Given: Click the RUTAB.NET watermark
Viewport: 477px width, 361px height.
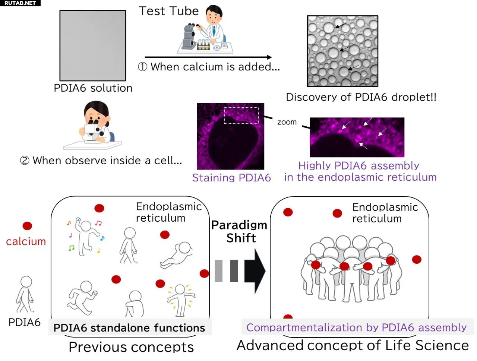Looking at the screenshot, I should click(x=20, y=3).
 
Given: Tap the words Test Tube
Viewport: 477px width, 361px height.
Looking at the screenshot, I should click(x=169, y=11).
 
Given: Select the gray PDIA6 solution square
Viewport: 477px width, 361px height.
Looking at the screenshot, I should click(x=93, y=45).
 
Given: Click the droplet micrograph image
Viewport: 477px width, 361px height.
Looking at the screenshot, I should click(x=342, y=51).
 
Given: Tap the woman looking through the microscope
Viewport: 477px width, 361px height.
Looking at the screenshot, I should click(x=95, y=121).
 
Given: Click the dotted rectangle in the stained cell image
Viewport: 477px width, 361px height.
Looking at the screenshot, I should click(x=241, y=115).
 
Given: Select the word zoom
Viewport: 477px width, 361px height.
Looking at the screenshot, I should click(x=287, y=122).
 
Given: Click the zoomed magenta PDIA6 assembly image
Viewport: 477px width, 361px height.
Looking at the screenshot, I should click(x=357, y=137).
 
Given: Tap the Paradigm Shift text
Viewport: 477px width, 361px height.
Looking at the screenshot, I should click(x=239, y=231).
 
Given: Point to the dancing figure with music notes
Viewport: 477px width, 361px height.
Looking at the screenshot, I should click(x=85, y=235).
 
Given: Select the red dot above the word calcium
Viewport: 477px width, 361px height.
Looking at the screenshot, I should click(x=27, y=226).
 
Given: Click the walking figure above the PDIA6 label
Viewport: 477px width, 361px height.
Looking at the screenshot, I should click(x=25, y=294).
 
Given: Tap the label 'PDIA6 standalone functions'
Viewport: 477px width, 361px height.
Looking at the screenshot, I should click(x=129, y=328).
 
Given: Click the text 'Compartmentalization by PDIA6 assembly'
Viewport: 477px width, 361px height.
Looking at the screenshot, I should click(x=356, y=327).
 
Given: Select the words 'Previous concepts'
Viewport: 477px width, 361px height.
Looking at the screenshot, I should click(x=131, y=347).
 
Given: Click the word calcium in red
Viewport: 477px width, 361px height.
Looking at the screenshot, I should click(x=26, y=242).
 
